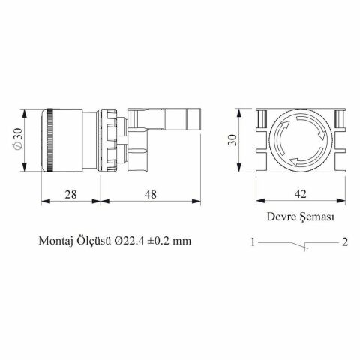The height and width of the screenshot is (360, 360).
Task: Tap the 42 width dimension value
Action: (299, 194)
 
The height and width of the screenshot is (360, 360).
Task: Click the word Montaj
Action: (57, 242)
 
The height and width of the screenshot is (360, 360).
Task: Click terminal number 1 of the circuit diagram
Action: (254, 242)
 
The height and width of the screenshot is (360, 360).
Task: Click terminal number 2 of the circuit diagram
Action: (344, 242)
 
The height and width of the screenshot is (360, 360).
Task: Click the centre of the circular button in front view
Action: (299, 140)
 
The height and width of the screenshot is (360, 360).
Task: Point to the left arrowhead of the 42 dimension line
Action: (259, 202)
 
